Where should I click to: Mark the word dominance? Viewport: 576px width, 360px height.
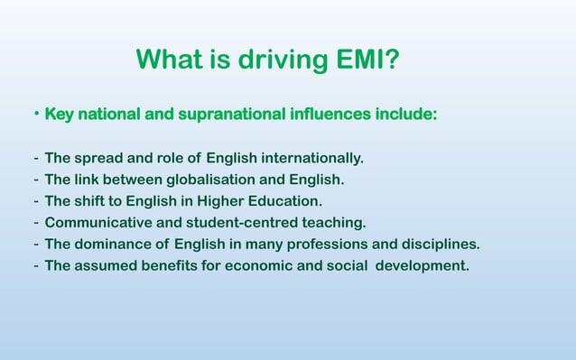click(x=112, y=244)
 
